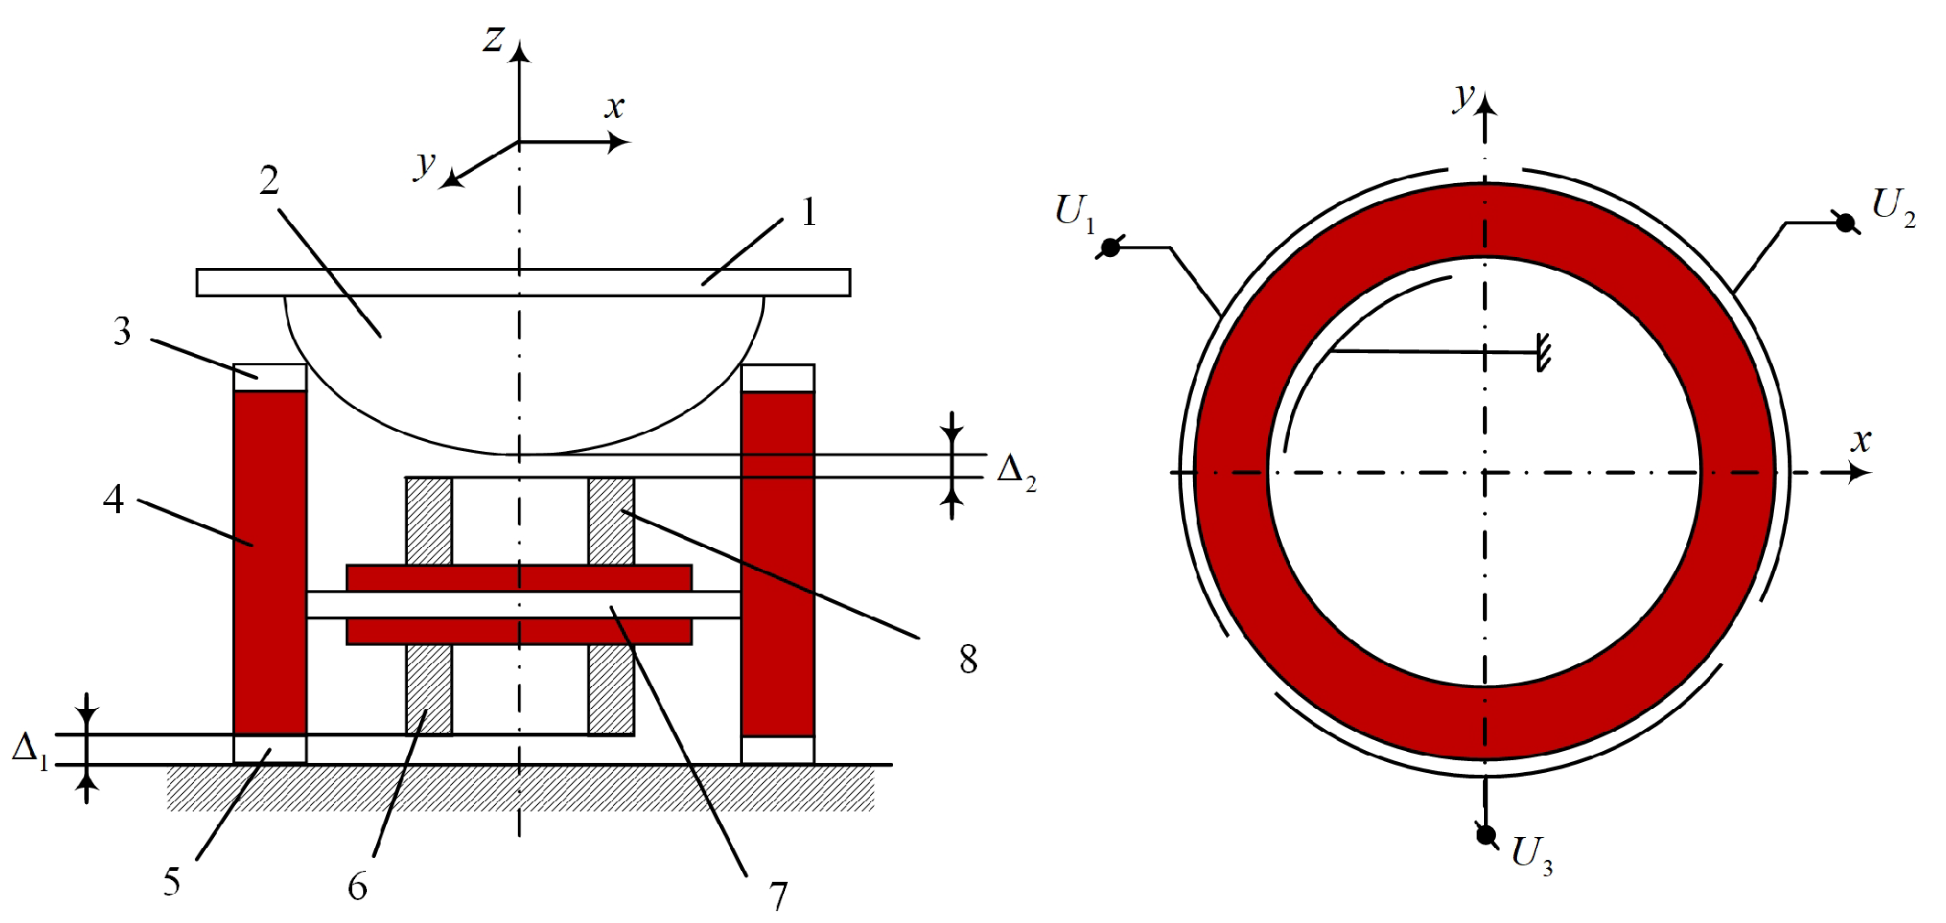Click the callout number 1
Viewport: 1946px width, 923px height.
809,212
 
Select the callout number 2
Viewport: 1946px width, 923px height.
269,180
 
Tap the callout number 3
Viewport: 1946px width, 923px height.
122,331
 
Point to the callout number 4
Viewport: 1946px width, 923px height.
113,499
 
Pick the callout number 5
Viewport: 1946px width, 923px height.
172,882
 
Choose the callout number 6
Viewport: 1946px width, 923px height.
358,886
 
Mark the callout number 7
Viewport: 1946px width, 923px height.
779,896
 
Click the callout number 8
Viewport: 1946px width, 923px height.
969,659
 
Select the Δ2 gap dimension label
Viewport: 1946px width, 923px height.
1016,472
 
